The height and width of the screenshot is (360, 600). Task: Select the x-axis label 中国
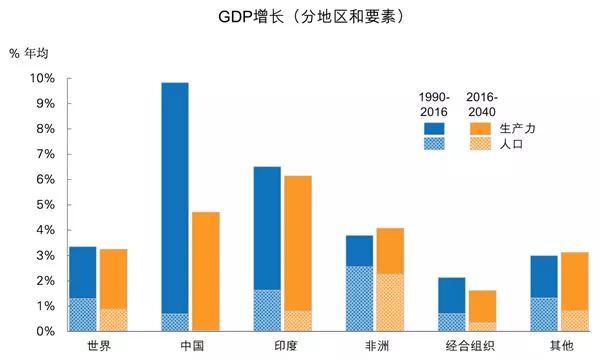pos(174,347)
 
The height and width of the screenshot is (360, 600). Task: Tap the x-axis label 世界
pos(82,347)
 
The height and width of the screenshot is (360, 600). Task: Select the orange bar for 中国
pos(205,270)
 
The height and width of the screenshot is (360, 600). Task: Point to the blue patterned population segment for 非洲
pos(359,298)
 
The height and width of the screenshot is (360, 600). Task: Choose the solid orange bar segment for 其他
pos(574,280)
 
